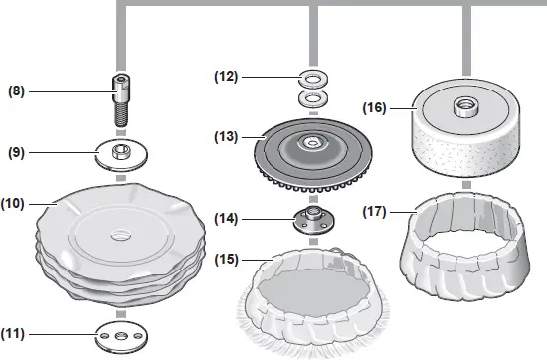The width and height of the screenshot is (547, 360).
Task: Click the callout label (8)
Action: tap(16, 90)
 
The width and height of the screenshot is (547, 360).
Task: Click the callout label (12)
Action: tap(228, 76)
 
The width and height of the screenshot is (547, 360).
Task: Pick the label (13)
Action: tap(228, 136)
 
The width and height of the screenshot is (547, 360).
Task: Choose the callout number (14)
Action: tap(228, 218)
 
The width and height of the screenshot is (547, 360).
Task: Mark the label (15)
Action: tap(228, 261)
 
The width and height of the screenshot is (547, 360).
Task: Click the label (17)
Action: tap(377, 211)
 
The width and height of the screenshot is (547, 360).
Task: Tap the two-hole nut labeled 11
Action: tap(121, 338)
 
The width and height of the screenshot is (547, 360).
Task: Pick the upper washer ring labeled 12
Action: tap(314, 77)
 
